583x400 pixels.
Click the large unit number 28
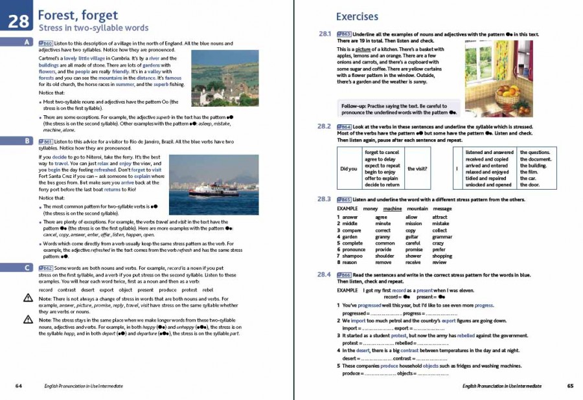[19, 21]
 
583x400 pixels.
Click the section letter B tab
[26, 140]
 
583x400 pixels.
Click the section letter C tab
[26, 267]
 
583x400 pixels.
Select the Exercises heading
[357, 17]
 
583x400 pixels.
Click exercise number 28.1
[325, 34]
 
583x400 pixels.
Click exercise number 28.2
[325, 126]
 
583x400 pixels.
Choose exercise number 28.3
[325, 199]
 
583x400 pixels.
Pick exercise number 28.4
[325, 274]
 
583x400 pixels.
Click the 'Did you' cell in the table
[349, 169]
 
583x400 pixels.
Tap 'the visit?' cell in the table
[417, 169]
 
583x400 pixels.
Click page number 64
[18, 386]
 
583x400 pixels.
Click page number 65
[570, 386]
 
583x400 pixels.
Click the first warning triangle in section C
[28, 298]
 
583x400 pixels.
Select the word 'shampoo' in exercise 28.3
[347, 256]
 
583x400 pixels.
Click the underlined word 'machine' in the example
[392, 209]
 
